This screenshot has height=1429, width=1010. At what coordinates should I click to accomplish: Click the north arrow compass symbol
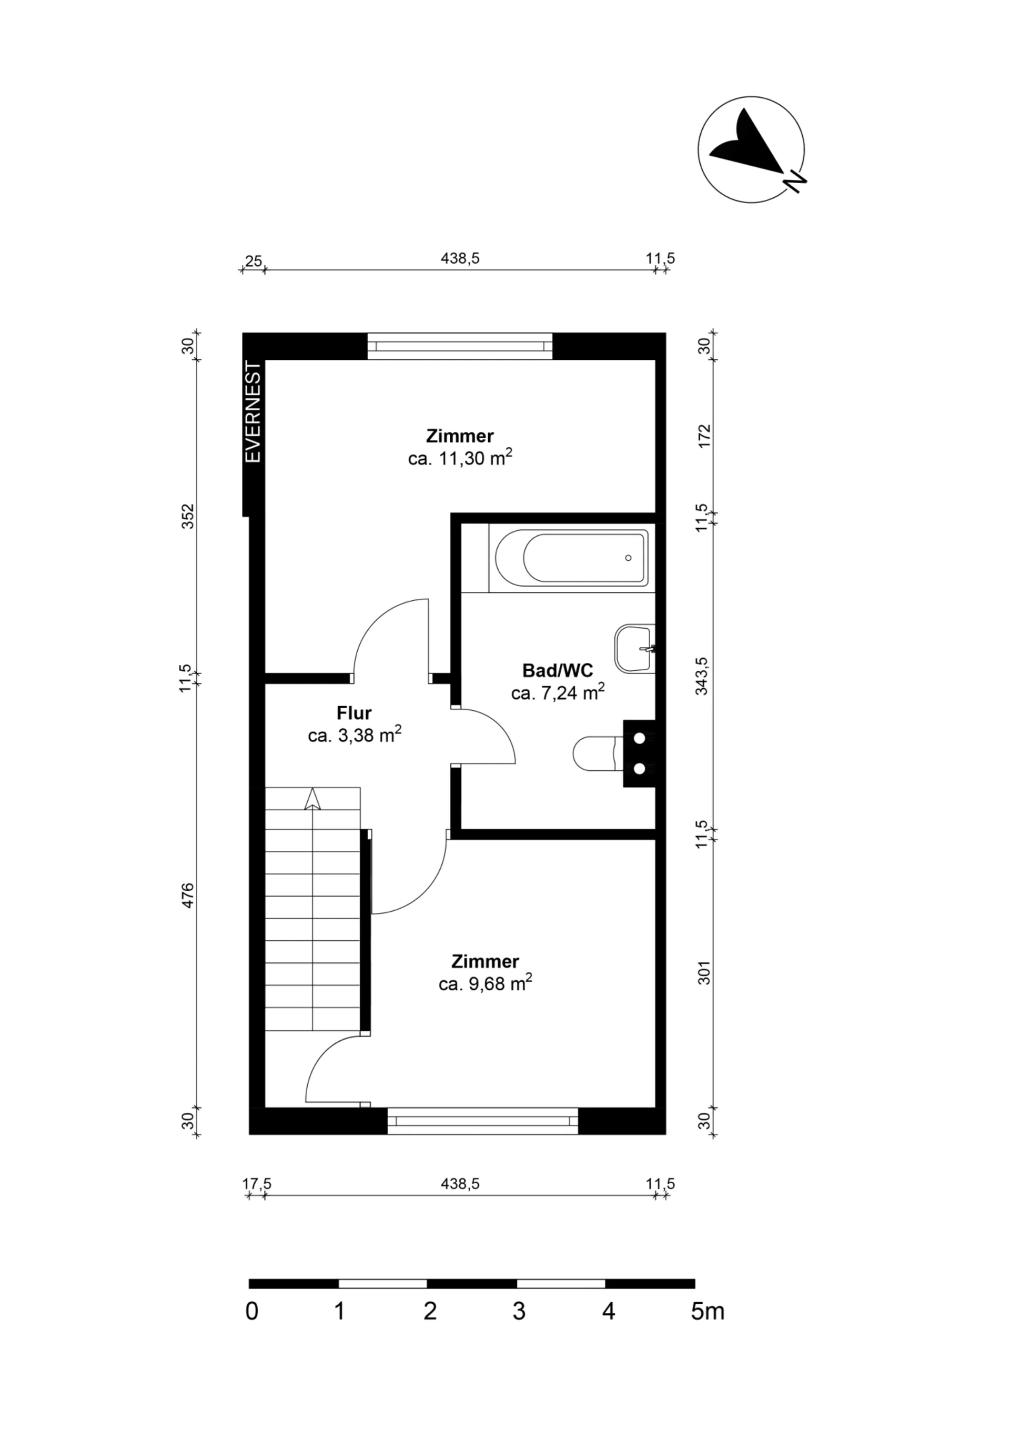(751, 149)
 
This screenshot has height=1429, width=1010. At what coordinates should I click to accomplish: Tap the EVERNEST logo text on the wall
(254, 412)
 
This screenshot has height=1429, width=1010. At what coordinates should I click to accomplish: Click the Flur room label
(354, 712)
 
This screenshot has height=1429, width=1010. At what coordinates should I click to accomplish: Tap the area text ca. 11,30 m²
(460, 459)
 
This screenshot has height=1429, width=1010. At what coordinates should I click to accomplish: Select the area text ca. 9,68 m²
(486, 984)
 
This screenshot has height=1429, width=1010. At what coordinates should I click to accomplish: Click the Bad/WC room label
(558, 670)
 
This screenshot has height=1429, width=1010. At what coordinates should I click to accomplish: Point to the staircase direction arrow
(312, 799)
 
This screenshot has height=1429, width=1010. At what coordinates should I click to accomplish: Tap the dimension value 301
(704, 973)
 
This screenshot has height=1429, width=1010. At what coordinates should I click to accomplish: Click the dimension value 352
(188, 517)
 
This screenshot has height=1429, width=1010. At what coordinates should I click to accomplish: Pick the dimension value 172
(704, 436)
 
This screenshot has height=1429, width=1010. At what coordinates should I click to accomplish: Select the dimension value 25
(253, 261)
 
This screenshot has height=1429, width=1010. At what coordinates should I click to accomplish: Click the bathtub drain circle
(629, 558)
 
